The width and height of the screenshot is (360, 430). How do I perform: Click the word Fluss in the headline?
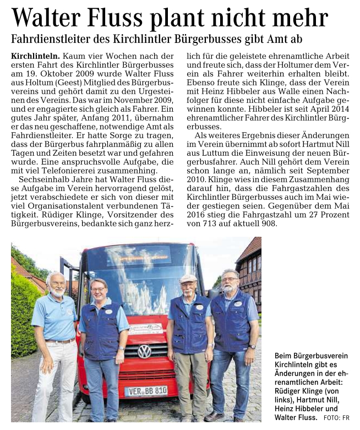(x=119, y=18)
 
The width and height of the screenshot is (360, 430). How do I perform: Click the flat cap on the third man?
(x=188, y=278)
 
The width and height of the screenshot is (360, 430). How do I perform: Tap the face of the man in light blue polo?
(x=56, y=285)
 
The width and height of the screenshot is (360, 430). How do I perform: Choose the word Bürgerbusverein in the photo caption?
(x=312, y=356)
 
